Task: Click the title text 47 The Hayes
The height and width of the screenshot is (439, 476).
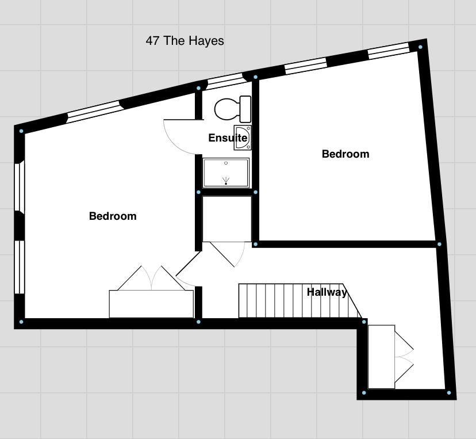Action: [x=185, y=41]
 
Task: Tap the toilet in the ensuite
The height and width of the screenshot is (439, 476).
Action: [x=233, y=109]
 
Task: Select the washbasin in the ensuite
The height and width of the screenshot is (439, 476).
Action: [x=243, y=138]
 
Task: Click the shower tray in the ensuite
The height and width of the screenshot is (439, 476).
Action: [x=226, y=173]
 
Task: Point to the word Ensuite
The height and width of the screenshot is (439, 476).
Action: [x=228, y=138]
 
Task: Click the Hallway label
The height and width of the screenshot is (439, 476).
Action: [x=327, y=292]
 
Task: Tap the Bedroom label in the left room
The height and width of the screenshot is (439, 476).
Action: [x=113, y=216]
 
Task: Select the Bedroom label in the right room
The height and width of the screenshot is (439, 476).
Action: [x=346, y=154]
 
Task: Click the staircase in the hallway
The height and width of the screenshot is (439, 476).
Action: [x=300, y=301]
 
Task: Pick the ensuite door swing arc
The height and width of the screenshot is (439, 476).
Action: [x=173, y=144]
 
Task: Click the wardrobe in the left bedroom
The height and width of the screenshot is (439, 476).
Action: [x=151, y=304]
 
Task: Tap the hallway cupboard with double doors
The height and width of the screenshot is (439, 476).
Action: [x=381, y=357]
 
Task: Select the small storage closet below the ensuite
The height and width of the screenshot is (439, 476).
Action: [x=227, y=219]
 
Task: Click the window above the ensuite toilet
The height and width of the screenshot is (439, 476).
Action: [x=225, y=81]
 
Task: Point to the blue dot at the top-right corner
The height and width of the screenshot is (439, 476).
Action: [x=420, y=47]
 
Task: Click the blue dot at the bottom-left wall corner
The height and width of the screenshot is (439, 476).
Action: [x=21, y=322]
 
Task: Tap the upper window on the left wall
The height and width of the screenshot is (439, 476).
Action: [x=20, y=187]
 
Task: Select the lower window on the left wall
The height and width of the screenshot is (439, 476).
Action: [x=20, y=268]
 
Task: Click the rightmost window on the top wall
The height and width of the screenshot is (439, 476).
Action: [x=389, y=51]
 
